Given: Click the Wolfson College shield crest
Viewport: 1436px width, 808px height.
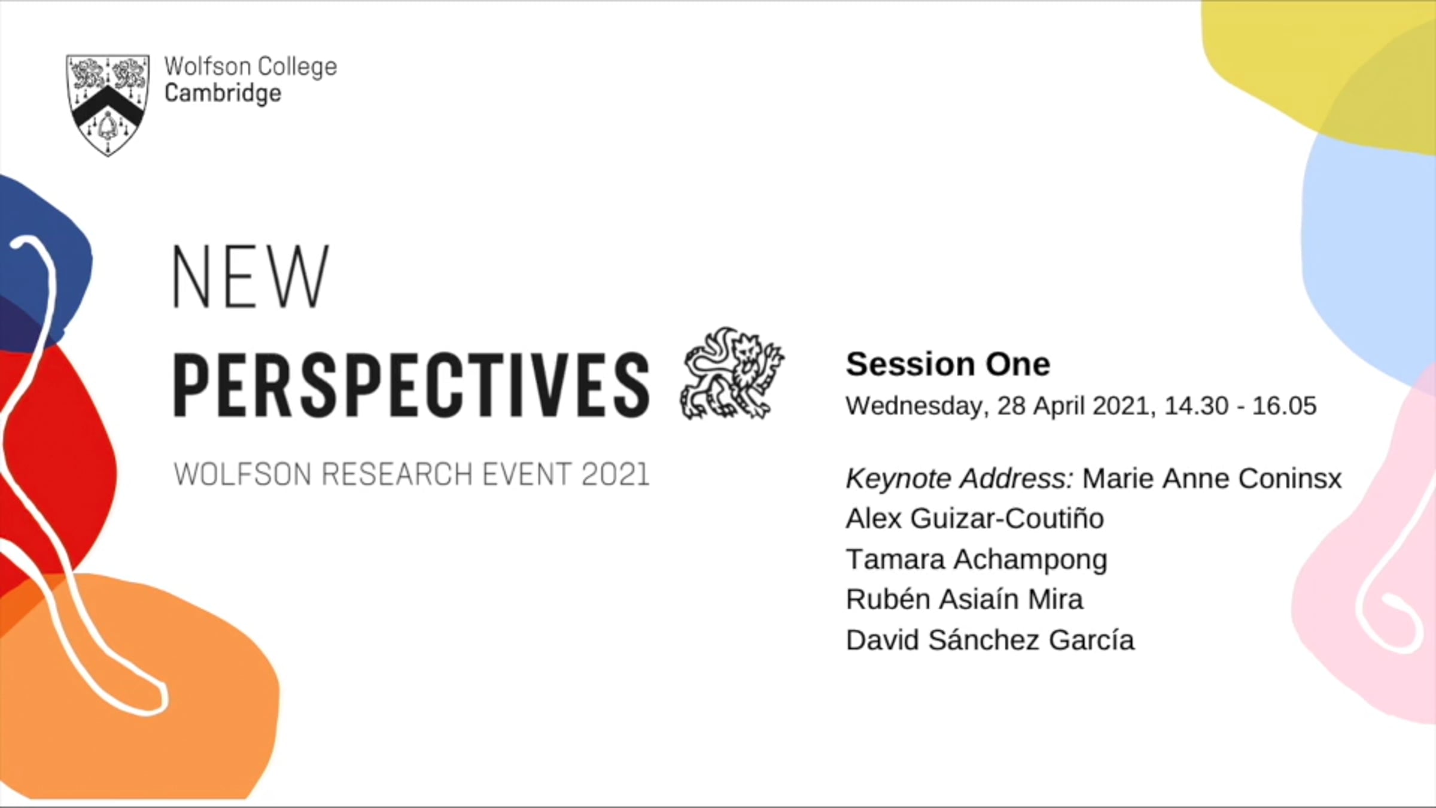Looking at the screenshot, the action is [108, 105].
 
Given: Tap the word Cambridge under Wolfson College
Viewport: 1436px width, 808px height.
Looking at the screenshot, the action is [223, 94].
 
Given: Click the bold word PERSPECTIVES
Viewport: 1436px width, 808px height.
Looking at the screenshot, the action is [411, 384].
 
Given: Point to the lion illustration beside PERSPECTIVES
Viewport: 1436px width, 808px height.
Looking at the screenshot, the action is [732, 373].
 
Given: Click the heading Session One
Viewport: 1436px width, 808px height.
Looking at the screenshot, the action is [948, 364].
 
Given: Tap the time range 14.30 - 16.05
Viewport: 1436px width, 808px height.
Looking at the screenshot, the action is [1240, 406].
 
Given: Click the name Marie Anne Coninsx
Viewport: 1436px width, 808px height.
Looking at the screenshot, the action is [1212, 478].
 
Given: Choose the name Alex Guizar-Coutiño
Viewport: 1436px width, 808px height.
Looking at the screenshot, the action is [975, 518].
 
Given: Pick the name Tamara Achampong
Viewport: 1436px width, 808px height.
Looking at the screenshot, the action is [976, 560].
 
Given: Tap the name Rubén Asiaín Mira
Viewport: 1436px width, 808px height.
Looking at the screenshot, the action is [964, 599].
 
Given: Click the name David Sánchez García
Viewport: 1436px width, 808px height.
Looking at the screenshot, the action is [990, 640].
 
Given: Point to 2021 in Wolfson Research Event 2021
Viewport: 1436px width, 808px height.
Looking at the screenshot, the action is [616, 475].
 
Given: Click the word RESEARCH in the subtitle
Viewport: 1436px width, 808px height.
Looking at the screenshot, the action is [397, 475].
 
